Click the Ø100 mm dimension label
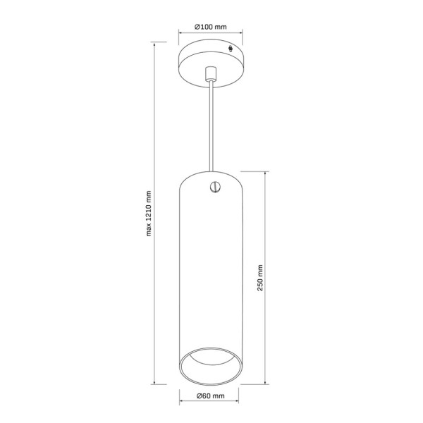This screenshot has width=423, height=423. tap(211, 27)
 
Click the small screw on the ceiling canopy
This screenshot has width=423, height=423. tap(234, 49)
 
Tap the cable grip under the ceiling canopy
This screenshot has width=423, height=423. tap(209, 73)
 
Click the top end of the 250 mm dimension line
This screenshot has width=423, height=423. tap(265, 171)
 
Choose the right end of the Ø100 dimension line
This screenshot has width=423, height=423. tap(243, 32)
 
